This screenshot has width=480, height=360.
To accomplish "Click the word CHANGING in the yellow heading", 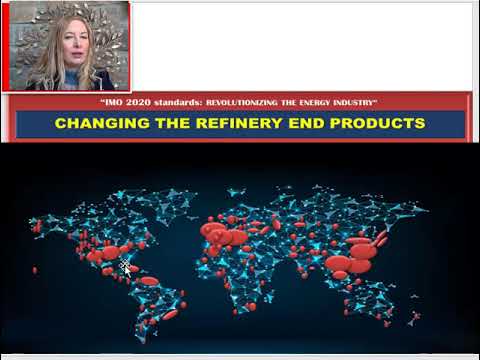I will pyautogui.click(x=94, y=124).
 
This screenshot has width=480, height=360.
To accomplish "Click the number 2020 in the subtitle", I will pyautogui.click(x=133, y=103).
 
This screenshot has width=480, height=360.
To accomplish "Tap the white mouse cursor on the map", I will pyautogui.click(x=126, y=265).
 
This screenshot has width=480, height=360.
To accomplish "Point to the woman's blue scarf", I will pyautogui.click(x=72, y=80).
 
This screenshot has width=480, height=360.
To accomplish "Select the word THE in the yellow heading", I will pyautogui.click(x=164, y=124).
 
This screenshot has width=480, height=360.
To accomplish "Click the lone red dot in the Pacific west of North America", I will pyautogui.click(x=35, y=270).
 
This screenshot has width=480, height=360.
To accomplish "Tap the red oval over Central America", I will pyautogui.click(x=149, y=281).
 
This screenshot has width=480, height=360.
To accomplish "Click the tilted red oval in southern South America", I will pyautogui.click(x=170, y=315).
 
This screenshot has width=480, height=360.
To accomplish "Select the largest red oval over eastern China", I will pyautogui.click(x=362, y=252).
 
